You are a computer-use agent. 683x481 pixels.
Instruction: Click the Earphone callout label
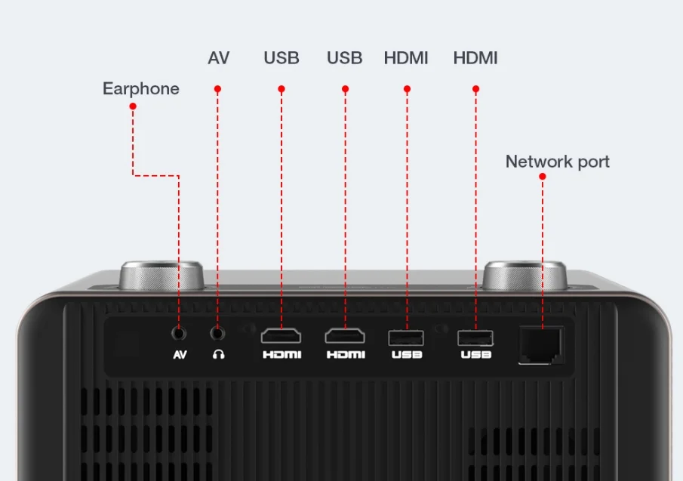tap(141, 89)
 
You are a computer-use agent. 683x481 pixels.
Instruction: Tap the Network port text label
tap(557, 162)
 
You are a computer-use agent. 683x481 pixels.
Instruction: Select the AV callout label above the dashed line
tap(218, 58)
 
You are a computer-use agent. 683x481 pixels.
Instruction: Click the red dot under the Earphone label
tap(133, 106)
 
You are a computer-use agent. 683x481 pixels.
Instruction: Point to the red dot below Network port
tap(542, 176)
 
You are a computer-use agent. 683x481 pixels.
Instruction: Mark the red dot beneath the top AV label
tap(217, 89)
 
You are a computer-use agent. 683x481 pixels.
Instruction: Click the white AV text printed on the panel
tap(180, 355)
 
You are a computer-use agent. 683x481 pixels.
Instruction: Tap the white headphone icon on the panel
tap(218, 355)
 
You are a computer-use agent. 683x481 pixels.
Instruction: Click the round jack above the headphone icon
tap(218, 331)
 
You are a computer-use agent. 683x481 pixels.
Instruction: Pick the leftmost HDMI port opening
tap(281, 336)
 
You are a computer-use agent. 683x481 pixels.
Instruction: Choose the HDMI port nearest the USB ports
tap(345, 336)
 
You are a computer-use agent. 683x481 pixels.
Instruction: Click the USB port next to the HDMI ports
tap(406, 338)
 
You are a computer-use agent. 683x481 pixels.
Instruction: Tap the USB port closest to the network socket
tap(475, 338)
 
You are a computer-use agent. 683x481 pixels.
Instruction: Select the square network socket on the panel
tap(541, 344)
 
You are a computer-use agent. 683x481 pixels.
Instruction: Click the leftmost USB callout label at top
tap(282, 58)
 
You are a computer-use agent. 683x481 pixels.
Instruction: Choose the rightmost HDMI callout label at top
tap(475, 58)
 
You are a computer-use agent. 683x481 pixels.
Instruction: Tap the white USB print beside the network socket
tap(475, 355)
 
